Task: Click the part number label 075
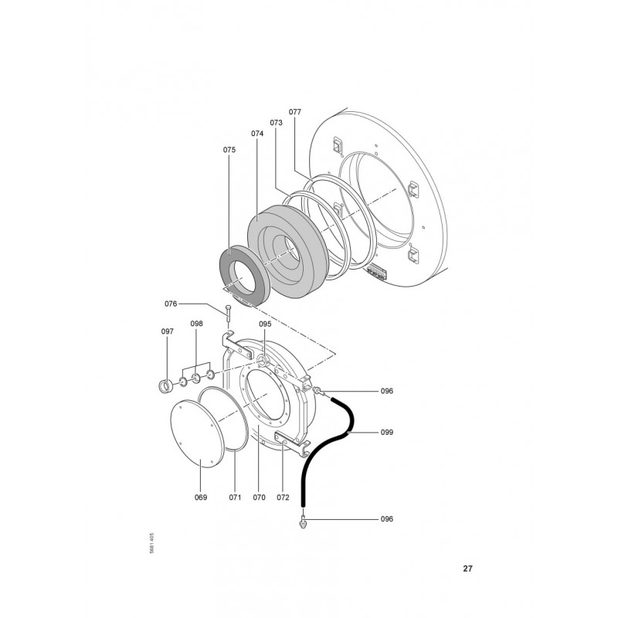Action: (x=229, y=150)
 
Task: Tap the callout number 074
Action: (x=257, y=134)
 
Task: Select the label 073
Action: (x=277, y=123)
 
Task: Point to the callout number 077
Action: (x=295, y=112)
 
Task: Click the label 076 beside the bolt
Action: (x=171, y=304)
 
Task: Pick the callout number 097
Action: (x=167, y=331)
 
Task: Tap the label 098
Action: (x=197, y=324)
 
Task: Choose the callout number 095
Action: (x=265, y=324)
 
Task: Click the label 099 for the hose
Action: (x=387, y=433)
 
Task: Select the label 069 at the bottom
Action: (x=201, y=497)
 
